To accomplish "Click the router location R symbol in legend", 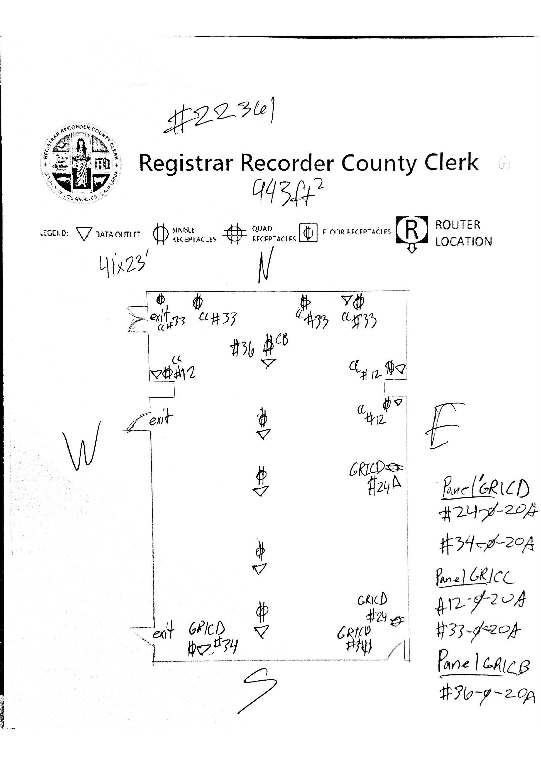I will [x=412, y=230].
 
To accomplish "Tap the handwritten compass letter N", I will [x=266, y=265].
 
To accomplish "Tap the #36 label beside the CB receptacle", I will [x=243, y=350].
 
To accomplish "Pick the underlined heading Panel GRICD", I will [x=486, y=489].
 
